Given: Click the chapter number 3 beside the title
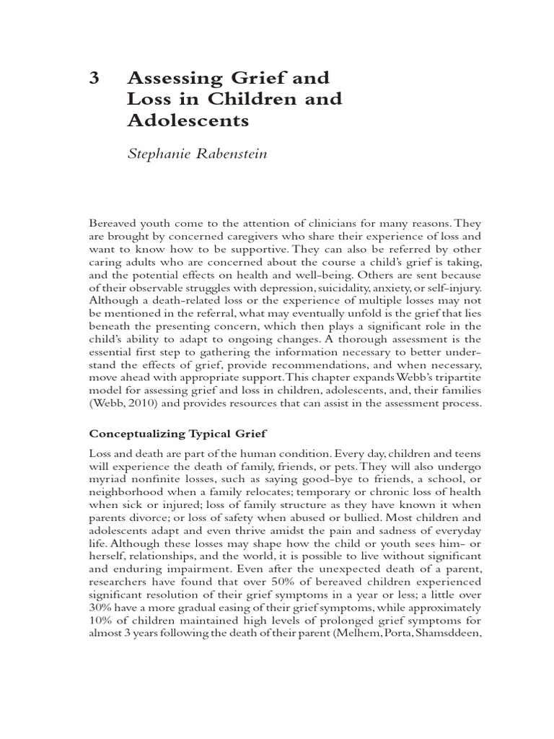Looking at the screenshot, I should click(93, 78).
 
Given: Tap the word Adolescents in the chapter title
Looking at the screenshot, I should click(188, 120).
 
